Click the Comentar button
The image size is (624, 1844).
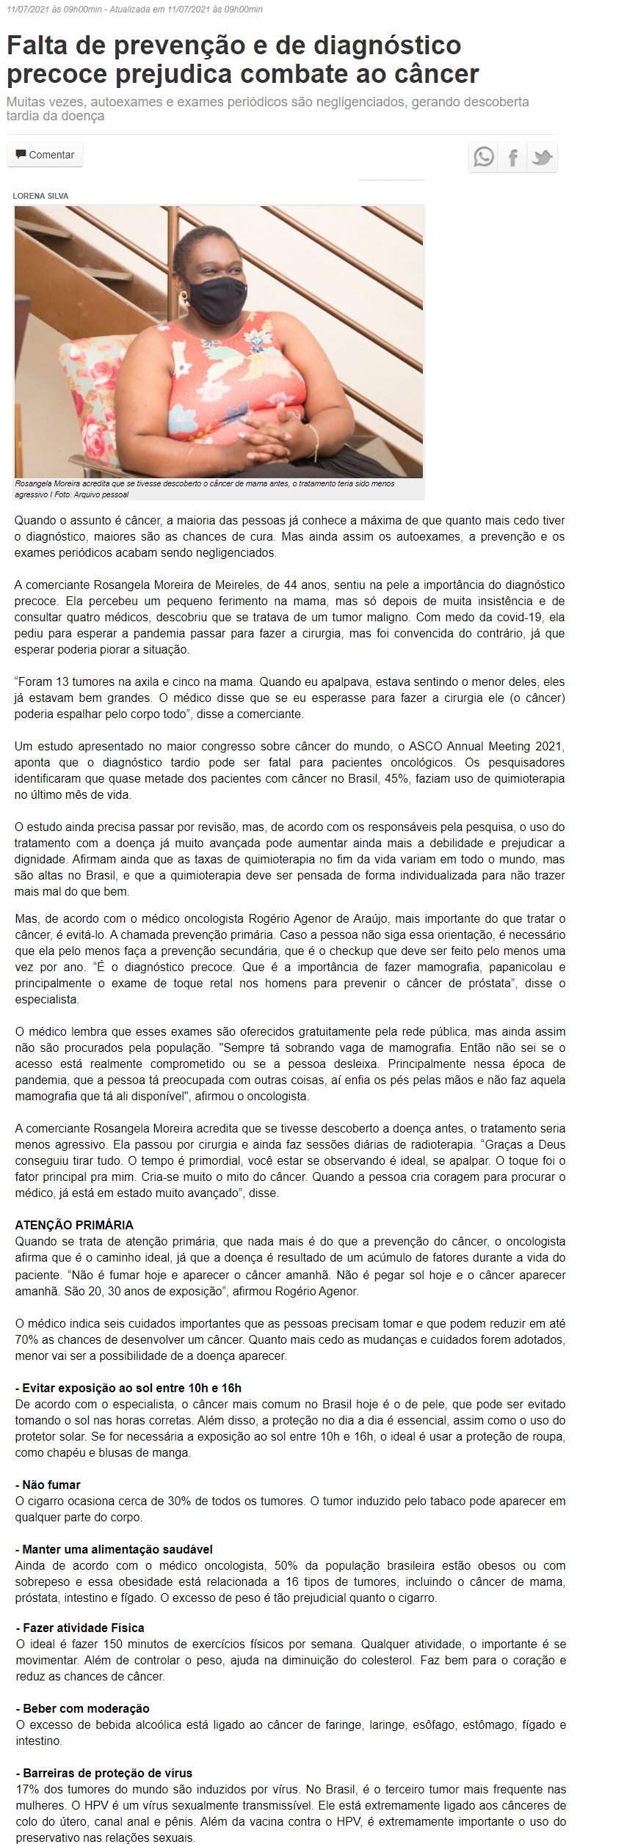coord(45,156)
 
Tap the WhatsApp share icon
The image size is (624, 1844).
coord(484,157)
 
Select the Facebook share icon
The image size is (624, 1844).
coord(513,157)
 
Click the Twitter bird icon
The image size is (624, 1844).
coord(543,157)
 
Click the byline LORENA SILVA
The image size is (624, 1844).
coord(40,196)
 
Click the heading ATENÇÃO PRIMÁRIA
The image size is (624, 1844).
coord(74,1226)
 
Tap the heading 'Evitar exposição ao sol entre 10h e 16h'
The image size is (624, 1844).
coord(128,1388)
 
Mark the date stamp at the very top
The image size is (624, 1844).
coord(134,9)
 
